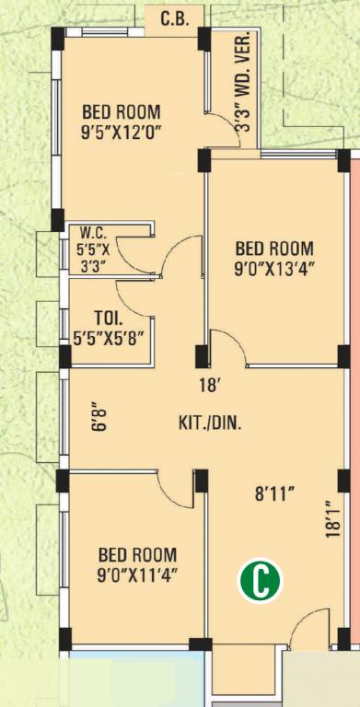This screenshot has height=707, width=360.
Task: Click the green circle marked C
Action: (260, 580)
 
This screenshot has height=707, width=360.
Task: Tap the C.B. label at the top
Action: (175, 19)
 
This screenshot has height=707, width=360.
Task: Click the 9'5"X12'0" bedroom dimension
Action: (121, 133)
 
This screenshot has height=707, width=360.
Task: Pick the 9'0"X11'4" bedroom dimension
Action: (137, 575)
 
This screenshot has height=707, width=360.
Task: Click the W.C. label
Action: (93, 234)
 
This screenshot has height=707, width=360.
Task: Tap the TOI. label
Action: (108, 318)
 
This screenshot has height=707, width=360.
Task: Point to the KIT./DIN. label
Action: (210, 423)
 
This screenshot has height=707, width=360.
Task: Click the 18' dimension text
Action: (209, 386)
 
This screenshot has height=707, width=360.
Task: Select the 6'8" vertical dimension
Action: (100, 417)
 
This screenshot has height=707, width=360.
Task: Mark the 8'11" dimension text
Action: (273, 494)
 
